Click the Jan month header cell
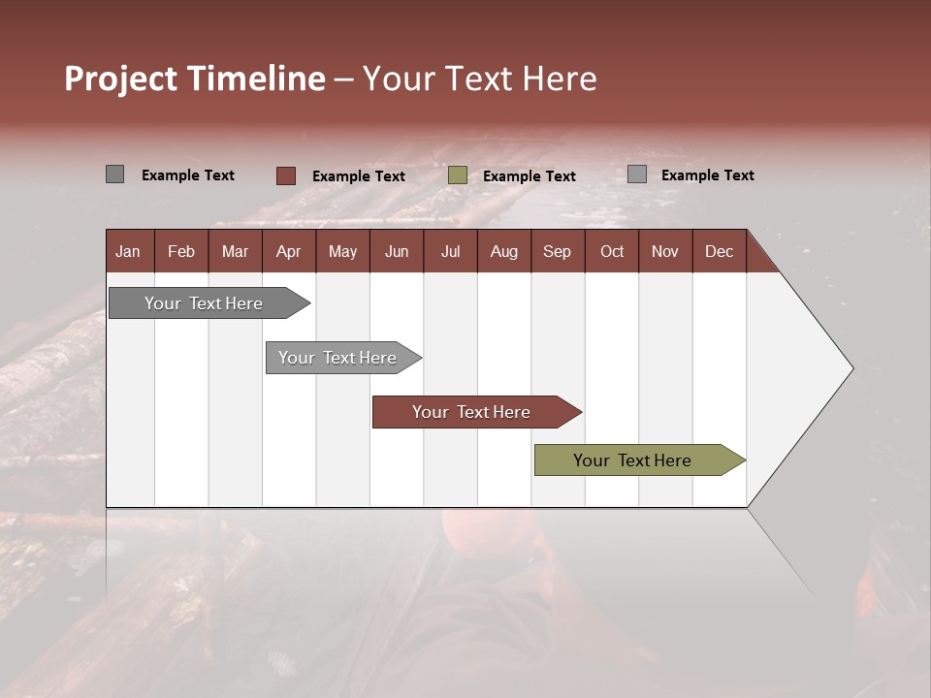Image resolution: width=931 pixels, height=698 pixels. pos(128,251)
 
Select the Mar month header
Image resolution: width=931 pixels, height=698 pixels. pos(235,251)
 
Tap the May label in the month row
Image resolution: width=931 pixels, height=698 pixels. pos(342,251)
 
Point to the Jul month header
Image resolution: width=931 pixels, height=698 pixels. pos(450,251)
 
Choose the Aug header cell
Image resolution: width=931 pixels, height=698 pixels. pos(503,251)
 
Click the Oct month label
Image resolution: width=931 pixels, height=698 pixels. pos(612,251)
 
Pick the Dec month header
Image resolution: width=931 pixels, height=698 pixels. pos(719,251)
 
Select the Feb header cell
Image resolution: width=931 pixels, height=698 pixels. pos(181,251)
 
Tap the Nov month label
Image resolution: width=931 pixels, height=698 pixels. pos(665,251)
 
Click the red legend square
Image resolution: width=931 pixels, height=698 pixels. pos(286,175)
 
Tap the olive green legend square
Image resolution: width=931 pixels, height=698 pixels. pos(458,175)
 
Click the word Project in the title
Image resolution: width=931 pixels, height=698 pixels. pos(121,79)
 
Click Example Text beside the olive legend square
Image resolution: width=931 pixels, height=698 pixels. pos(529,176)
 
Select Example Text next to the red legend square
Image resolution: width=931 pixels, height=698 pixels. pos(358,176)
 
